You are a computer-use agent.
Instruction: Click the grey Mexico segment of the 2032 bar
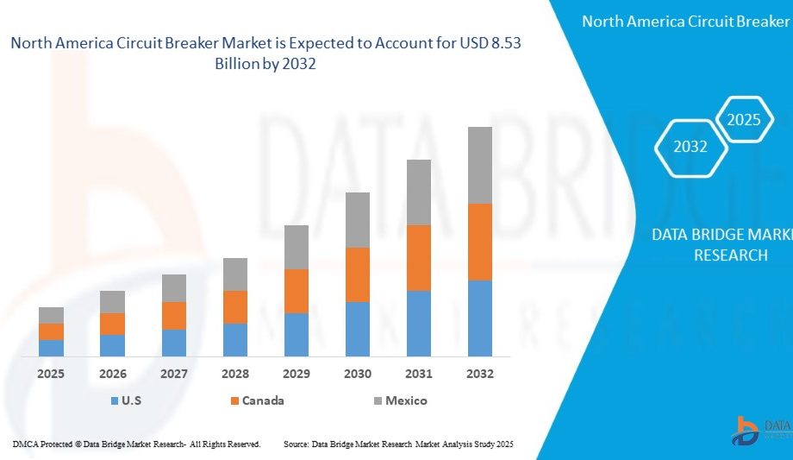point(480,165)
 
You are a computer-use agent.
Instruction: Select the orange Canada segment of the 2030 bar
point(358,274)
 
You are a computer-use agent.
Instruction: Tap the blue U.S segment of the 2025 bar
point(51,348)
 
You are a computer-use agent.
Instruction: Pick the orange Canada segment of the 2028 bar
point(235,306)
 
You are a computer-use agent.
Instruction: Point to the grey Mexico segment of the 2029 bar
point(297,247)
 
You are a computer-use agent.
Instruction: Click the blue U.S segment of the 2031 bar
point(419,323)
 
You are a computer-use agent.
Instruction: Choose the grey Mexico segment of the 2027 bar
point(174,287)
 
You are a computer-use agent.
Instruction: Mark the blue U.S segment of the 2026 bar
point(112,345)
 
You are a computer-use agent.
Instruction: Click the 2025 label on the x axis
point(51,374)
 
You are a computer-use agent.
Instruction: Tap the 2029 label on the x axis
point(297,374)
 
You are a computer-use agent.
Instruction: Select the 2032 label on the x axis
point(480,374)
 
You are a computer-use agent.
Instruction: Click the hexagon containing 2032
point(690,147)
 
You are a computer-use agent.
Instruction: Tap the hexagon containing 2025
point(743,120)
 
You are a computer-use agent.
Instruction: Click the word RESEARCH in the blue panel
point(730,255)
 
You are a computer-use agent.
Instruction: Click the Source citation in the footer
point(398,444)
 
